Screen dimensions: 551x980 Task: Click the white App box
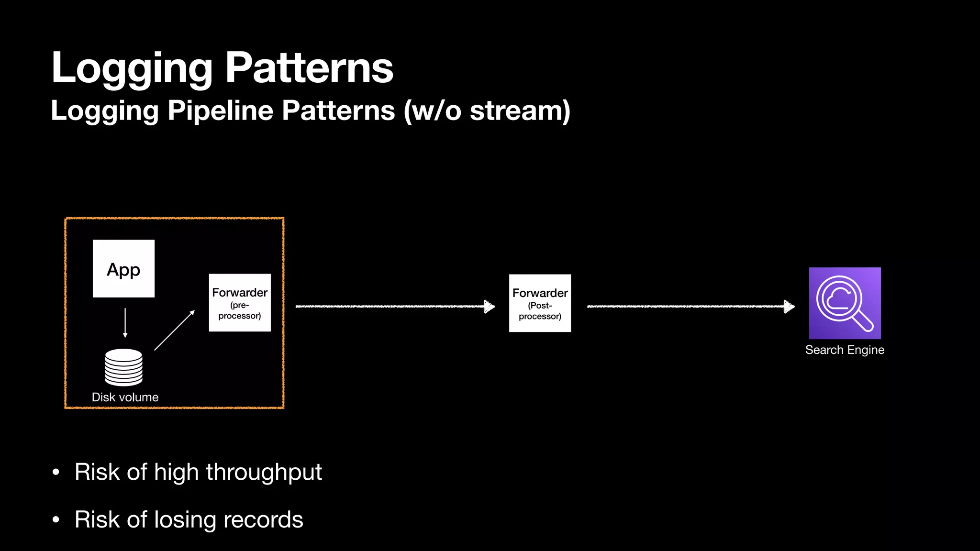pyautogui.click(x=123, y=269)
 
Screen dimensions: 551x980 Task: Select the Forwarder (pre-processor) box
pyautogui.click(x=240, y=303)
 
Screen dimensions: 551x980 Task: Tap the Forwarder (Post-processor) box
pyautogui.click(x=540, y=303)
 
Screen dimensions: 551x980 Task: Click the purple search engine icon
pyautogui.click(x=845, y=303)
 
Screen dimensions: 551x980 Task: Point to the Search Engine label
pyautogui.click(x=845, y=350)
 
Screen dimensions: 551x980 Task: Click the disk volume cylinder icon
pyautogui.click(x=123, y=367)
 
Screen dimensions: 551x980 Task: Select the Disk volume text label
pyautogui.click(x=125, y=397)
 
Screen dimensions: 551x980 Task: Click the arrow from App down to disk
pyautogui.click(x=125, y=323)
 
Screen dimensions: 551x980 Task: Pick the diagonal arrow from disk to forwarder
pyautogui.click(x=174, y=331)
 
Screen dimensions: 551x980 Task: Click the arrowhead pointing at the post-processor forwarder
pyautogui.click(x=489, y=307)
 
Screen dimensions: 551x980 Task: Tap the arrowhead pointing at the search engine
pyautogui.click(x=789, y=307)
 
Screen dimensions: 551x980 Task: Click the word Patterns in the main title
pyautogui.click(x=309, y=68)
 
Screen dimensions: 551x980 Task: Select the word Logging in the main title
pyautogui.click(x=132, y=68)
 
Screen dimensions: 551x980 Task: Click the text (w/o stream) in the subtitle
pyautogui.click(x=487, y=111)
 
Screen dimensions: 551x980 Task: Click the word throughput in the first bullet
pyautogui.click(x=264, y=473)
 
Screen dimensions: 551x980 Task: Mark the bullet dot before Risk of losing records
pyautogui.click(x=56, y=519)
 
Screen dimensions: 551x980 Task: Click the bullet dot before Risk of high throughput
pyautogui.click(x=56, y=473)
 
